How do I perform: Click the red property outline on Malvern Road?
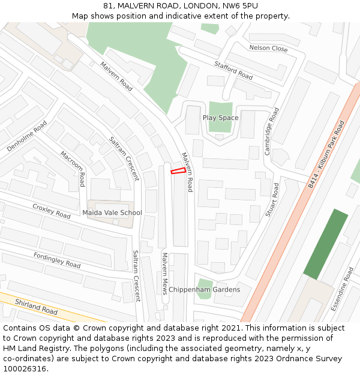(178, 171)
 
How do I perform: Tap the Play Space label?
(220, 118)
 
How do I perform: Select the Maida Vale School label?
(112, 212)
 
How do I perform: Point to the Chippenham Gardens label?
(204, 290)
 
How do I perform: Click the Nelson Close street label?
(268, 48)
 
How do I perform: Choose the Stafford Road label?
(233, 70)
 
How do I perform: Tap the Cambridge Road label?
(272, 131)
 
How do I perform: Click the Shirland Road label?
(36, 308)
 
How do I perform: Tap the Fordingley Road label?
(57, 260)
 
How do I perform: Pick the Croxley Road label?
(52, 211)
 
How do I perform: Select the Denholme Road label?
(27, 136)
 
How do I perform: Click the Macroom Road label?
(73, 169)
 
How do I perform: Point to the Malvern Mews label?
(164, 273)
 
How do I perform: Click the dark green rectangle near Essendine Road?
(325, 244)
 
